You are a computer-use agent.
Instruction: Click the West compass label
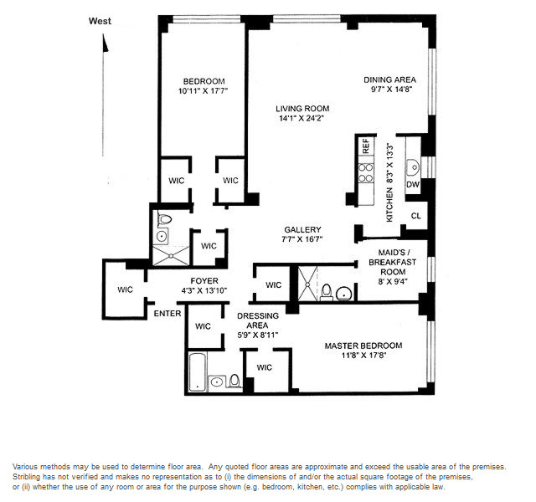[100, 21]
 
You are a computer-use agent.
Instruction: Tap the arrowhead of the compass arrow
[106, 43]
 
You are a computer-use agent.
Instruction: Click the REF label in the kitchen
[366, 146]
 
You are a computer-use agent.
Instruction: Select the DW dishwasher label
[413, 185]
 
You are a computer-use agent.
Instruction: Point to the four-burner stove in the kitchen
[366, 173]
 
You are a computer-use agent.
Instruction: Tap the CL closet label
[416, 216]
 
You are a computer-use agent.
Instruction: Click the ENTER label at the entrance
[167, 314]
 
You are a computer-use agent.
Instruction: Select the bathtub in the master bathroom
[198, 372]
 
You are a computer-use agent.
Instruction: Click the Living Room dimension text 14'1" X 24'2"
[301, 119]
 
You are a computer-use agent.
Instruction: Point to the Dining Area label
[389, 80]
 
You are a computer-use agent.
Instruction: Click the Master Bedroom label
[363, 346]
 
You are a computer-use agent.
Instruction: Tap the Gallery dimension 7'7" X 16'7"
[302, 239]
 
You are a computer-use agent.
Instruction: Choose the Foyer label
[204, 281]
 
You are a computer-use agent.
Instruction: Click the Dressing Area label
[258, 320]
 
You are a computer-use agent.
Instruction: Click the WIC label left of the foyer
[125, 289]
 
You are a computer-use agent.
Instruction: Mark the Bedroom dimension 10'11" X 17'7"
[203, 91]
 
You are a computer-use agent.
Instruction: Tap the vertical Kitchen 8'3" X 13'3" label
[389, 182]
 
